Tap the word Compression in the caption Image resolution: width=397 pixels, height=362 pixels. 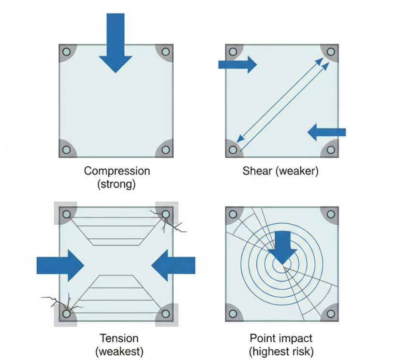117,171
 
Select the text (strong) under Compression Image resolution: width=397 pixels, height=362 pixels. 117,184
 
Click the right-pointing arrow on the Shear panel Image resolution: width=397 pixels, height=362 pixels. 237,64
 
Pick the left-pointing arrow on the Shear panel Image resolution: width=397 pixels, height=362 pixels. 327,131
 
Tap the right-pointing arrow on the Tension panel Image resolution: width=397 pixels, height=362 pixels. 60,265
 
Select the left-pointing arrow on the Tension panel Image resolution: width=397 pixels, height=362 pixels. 173,265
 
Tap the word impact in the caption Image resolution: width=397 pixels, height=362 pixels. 296,338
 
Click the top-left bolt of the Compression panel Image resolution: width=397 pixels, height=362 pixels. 67,52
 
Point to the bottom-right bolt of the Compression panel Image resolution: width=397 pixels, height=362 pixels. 165,150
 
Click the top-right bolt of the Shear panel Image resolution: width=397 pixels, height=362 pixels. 331,52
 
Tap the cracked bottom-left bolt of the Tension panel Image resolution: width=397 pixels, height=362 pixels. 67,314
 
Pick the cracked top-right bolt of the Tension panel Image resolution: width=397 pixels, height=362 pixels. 165,214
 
